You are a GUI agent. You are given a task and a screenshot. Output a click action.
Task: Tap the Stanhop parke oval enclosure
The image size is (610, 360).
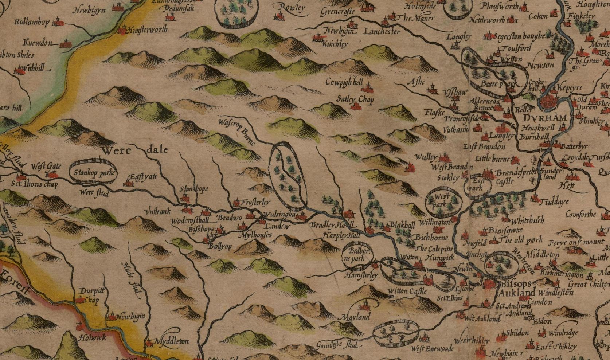pos(94,173)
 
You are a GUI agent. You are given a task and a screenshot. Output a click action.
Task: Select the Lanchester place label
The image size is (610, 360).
pos(382,32)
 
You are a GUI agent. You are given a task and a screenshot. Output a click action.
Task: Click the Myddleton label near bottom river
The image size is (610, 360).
pos(172,341)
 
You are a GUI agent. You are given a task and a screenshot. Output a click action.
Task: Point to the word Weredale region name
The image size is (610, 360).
pos(135,150)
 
